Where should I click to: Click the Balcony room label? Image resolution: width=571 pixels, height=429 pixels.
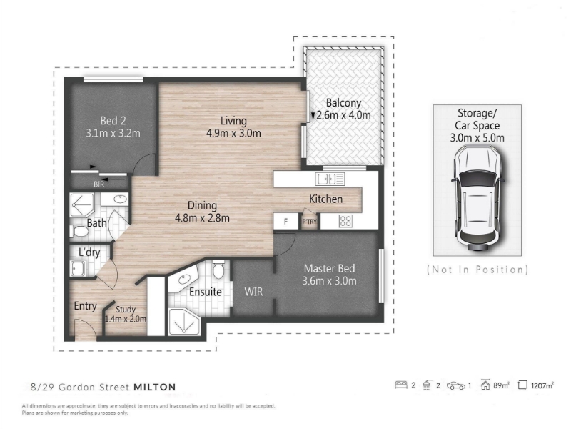pyautogui.click(x=343, y=102)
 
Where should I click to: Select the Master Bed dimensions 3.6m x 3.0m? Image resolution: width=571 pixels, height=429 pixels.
pyautogui.click(x=330, y=281)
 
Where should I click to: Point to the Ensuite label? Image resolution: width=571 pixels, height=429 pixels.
pyautogui.click(x=205, y=292)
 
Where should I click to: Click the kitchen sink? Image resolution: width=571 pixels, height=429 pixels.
pyautogui.click(x=331, y=179)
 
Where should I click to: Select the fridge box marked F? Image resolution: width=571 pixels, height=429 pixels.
pyautogui.click(x=285, y=222)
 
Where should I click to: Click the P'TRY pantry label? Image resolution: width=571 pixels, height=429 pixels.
pyautogui.click(x=309, y=222)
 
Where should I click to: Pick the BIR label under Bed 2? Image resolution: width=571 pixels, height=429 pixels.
pyautogui.click(x=98, y=184)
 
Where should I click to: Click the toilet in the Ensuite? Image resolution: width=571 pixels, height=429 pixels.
pyautogui.click(x=219, y=270)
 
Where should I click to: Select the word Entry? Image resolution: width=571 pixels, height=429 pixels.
pyautogui.click(x=86, y=306)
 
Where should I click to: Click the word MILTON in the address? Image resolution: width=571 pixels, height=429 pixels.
pyautogui.click(x=155, y=387)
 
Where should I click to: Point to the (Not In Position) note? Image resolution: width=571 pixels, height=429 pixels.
pyautogui.click(x=477, y=270)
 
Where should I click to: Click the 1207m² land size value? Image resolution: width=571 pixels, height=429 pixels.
pyautogui.click(x=543, y=386)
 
